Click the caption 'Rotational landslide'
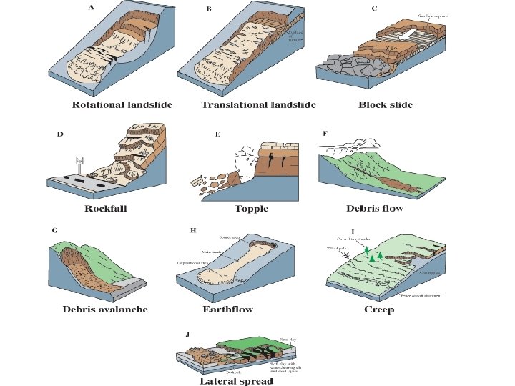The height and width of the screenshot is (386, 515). point(122,105)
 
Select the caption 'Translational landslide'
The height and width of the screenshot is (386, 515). point(258,105)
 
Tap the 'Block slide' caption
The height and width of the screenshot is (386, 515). point(386,105)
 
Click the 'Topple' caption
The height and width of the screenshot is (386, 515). point(251,209)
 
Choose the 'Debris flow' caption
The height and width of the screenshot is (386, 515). point(375,209)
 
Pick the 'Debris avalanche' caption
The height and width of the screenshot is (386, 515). point(105,310)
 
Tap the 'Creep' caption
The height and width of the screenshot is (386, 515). point(379,310)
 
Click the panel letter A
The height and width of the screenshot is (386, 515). point(91,8)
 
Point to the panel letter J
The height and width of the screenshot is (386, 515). point(187,334)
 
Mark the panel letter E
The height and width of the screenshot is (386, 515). point(217,134)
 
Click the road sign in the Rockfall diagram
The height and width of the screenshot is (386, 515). point(81,161)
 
